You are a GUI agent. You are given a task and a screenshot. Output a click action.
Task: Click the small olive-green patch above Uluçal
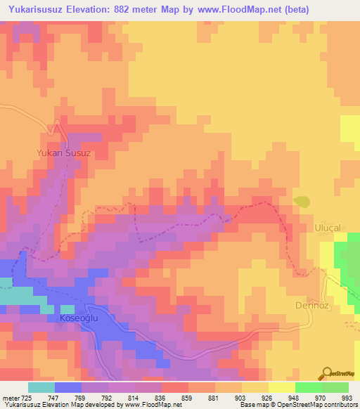302,202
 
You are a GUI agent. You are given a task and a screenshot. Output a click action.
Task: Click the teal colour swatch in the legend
41,387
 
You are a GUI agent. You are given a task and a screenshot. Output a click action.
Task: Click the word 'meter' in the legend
9,397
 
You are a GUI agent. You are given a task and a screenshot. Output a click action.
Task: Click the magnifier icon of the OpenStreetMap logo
326,372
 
